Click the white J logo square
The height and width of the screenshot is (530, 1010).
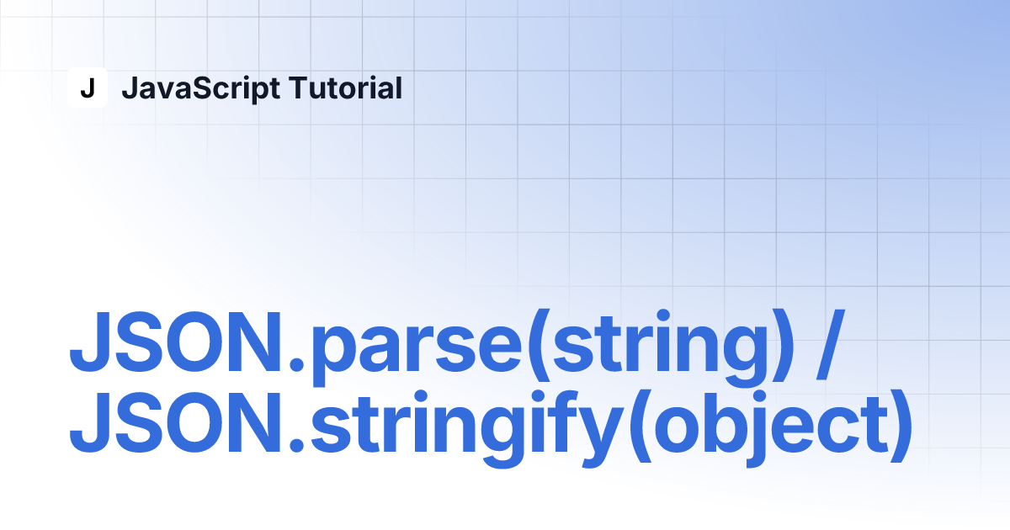pos(88,87)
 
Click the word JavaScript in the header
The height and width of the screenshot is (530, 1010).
pos(200,89)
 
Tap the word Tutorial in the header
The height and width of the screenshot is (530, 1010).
pos(345,87)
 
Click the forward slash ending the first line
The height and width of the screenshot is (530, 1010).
pos(829,345)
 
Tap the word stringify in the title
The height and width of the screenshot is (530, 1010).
pos(465,428)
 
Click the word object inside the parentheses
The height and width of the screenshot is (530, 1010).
pos(771,428)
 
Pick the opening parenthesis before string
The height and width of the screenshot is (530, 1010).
pos(540,346)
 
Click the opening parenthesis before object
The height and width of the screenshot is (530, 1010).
pos(641,426)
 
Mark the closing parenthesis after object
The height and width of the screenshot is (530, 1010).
pos(901,426)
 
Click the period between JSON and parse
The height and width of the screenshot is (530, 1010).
pos(296,364)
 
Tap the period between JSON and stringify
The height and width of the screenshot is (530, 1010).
pos(296,444)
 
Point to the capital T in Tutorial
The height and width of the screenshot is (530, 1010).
pos(300,87)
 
